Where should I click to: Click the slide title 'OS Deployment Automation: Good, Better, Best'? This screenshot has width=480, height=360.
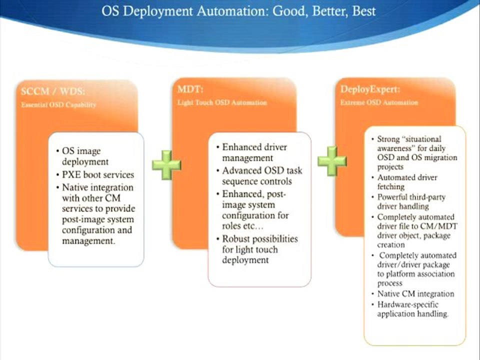pos(238,11)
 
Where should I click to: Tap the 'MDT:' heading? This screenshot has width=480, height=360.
pos(188,90)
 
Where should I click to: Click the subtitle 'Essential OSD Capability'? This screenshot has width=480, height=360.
pos(58,105)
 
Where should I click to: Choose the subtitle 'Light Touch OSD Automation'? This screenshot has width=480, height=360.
pos(222,102)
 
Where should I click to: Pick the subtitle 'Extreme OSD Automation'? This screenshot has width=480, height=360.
pos(379,102)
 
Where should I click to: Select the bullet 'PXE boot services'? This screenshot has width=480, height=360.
pos(98,175)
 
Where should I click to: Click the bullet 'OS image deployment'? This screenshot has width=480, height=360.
pos(85,156)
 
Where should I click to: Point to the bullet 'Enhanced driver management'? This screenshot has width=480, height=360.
pos(255,152)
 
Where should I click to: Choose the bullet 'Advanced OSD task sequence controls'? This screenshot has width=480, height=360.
pos(262,175)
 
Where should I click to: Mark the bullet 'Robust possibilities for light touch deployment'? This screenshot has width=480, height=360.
pos(259,249)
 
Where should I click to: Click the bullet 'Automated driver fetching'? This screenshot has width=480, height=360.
pos(407,182)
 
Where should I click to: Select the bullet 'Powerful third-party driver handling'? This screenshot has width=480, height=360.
pos(410,201)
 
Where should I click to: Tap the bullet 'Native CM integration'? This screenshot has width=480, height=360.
pos(415,294)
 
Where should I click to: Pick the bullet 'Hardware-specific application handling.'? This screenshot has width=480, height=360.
pos(413,309)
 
